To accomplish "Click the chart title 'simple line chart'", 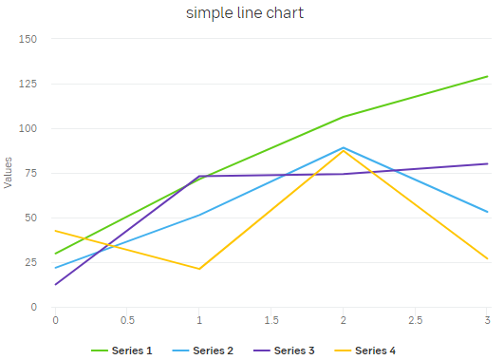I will click(245, 13).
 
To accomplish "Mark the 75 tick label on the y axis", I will click(29, 173).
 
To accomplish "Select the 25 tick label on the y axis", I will click(29, 262).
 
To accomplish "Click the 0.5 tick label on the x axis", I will click(127, 320).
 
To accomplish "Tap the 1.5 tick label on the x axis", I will click(271, 320).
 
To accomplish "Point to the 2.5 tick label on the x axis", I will click(416, 320).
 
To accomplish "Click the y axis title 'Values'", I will click(9, 173).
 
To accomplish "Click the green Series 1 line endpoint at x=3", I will click(487, 76).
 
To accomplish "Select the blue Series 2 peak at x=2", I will click(344, 147).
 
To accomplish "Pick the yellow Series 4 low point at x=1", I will click(199, 269).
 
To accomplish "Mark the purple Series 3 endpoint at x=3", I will click(487, 163).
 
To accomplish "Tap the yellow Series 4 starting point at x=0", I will click(55, 231).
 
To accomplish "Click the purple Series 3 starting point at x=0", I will click(55, 285).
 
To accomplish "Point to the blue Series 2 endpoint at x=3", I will click(487, 212).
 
